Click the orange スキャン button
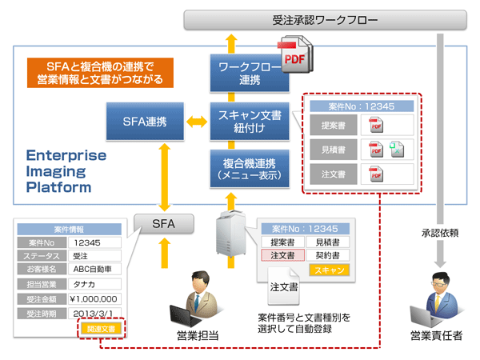click(x=330, y=271)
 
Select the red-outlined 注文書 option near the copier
click(x=282, y=255)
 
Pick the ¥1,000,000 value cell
click(x=95, y=298)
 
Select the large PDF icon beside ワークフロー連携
click(x=294, y=56)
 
